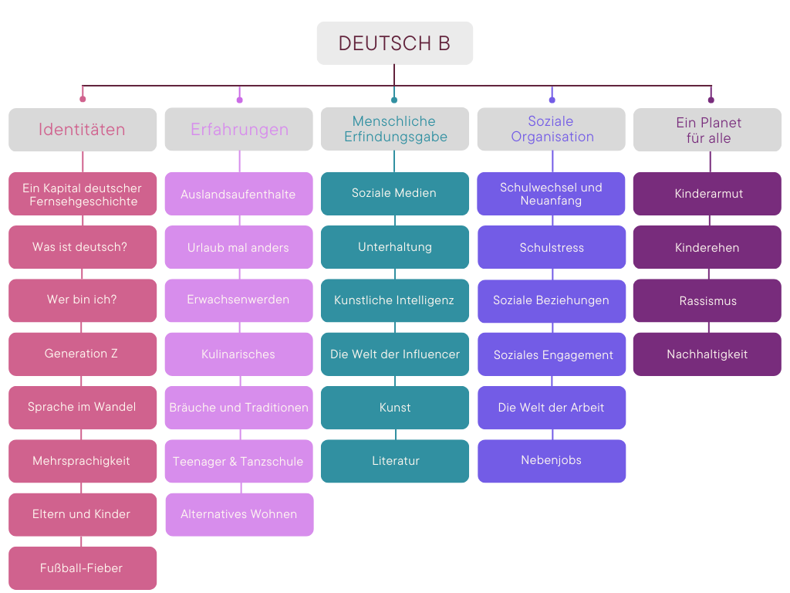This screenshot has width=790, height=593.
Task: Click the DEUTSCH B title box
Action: [394, 43]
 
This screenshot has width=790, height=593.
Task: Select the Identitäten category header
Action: [83, 130]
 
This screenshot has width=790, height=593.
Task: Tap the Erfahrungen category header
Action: [239, 130]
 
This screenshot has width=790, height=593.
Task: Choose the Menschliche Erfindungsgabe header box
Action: [395, 129]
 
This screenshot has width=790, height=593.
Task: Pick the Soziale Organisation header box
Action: [552, 129]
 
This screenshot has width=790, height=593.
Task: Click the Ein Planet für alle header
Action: [707, 130]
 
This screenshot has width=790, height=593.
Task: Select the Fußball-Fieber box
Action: [83, 568]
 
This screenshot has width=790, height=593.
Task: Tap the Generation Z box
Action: [83, 354]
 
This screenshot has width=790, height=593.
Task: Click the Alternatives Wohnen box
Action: [239, 514]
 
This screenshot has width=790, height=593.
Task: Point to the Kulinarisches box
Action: [239, 354]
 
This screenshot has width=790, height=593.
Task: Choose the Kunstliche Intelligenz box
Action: [395, 300]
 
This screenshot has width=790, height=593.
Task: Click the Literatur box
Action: [395, 461]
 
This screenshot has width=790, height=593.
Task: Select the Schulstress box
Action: [552, 248]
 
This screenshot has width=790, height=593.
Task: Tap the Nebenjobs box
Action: [552, 461]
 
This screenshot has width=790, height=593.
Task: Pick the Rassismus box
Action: [707, 301]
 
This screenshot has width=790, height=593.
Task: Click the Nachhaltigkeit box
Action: [707, 354]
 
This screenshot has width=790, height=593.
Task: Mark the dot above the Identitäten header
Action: [83, 99]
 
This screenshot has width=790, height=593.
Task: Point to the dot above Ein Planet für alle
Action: [711, 100]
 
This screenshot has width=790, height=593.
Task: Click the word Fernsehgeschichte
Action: [83, 202]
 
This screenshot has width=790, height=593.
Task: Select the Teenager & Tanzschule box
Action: [239, 462]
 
